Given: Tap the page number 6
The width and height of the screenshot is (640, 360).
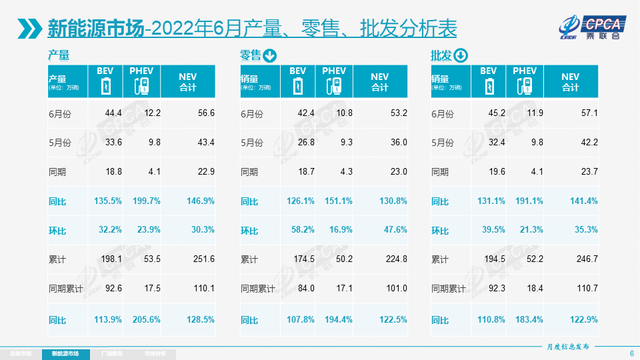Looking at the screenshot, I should [631, 353].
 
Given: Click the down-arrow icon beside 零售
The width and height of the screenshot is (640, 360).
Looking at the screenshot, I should [269, 55].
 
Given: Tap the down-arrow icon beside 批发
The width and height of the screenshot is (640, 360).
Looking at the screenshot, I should [461, 55].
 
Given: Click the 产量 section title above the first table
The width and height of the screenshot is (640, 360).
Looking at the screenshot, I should [59, 55].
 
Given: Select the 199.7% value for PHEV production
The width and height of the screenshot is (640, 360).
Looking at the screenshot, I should [145, 201].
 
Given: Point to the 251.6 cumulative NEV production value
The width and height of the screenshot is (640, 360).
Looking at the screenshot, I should [203, 259].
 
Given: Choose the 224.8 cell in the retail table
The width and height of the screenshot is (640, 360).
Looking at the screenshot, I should [396, 259].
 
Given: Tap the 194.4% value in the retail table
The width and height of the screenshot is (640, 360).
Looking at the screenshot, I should [337, 319].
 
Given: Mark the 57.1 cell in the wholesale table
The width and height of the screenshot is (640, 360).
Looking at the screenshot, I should [589, 113].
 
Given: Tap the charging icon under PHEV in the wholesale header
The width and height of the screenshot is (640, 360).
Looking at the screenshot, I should [525, 86].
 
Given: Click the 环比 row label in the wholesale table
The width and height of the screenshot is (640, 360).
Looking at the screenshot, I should [440, 230].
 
